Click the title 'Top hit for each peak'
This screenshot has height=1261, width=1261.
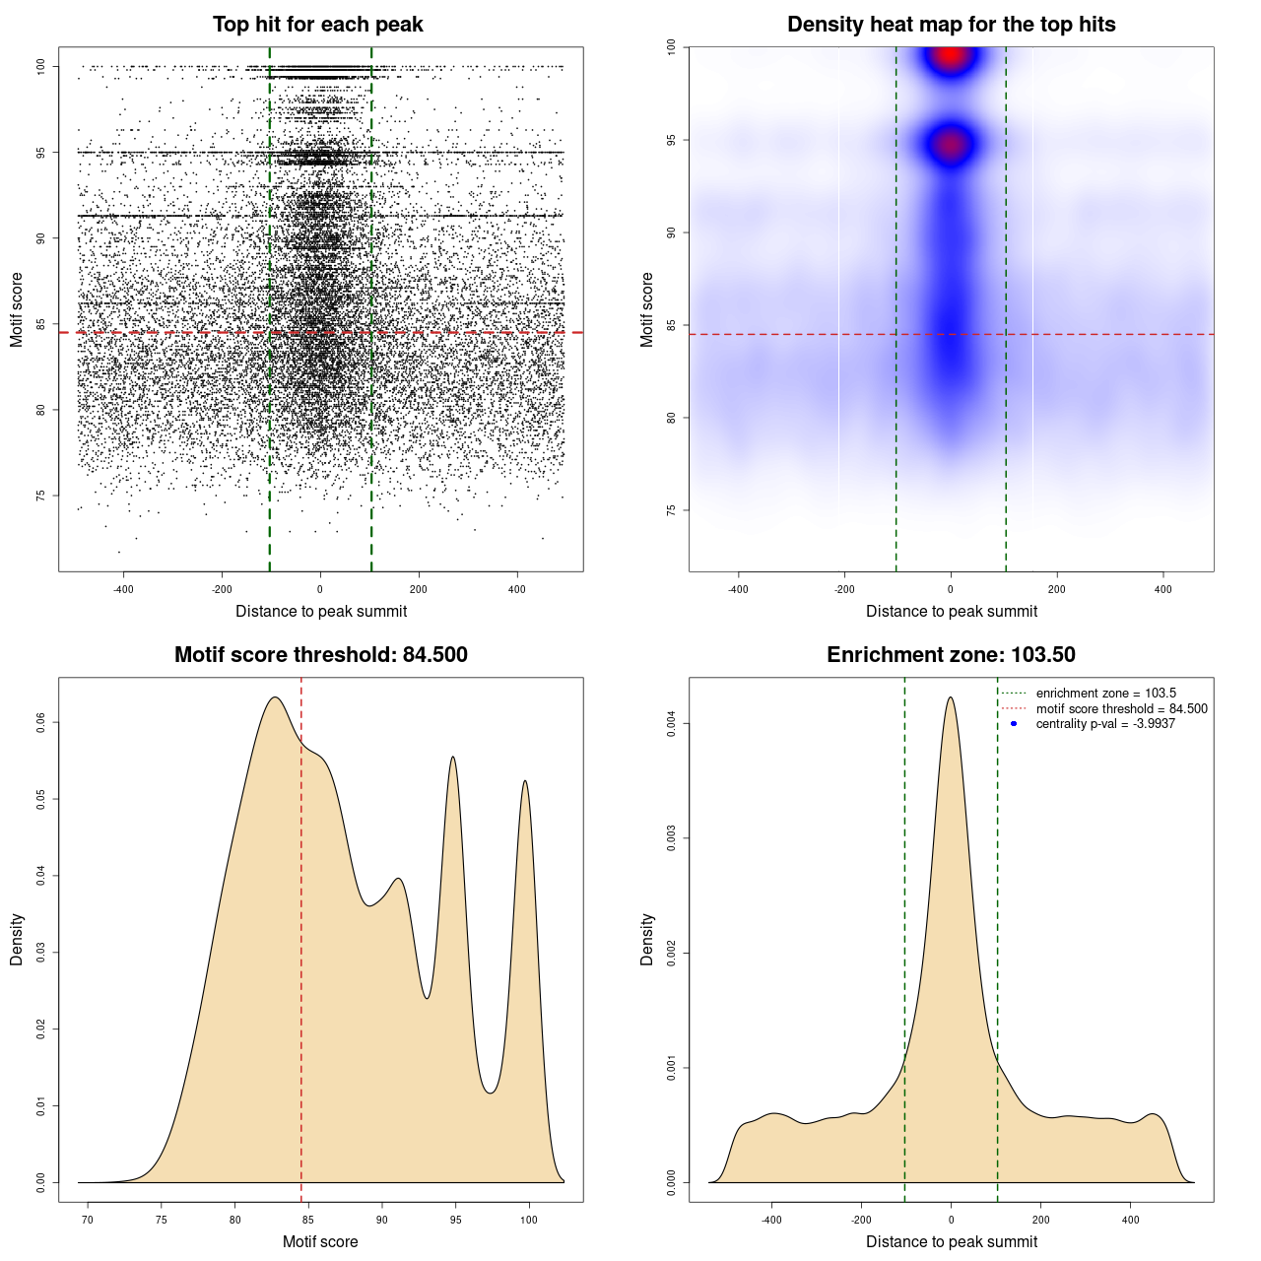[317, 25]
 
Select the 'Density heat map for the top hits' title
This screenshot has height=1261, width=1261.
[951, 25]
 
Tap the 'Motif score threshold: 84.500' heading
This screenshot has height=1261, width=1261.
[320, 655]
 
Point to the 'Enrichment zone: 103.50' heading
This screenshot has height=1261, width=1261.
[951, 655]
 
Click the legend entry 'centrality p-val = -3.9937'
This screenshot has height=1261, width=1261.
[1105, 724]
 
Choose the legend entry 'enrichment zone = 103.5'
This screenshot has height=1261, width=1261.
[1105, 694]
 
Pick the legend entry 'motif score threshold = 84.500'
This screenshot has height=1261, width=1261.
[1121, 708]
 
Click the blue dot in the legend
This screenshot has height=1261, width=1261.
[1014, 724]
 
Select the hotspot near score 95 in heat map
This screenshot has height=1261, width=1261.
[950, 146]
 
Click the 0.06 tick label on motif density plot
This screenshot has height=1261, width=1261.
[41, 723]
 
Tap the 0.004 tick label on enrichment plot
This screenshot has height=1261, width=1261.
[672, 725]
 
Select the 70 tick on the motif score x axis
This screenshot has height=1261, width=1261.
[88, 1220]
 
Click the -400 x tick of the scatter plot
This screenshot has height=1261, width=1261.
[123, 589]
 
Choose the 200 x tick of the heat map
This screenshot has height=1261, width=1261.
[1057, 589]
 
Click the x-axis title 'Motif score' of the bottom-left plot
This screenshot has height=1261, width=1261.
[320, 1241]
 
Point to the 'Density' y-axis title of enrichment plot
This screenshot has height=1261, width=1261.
[647, 939]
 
